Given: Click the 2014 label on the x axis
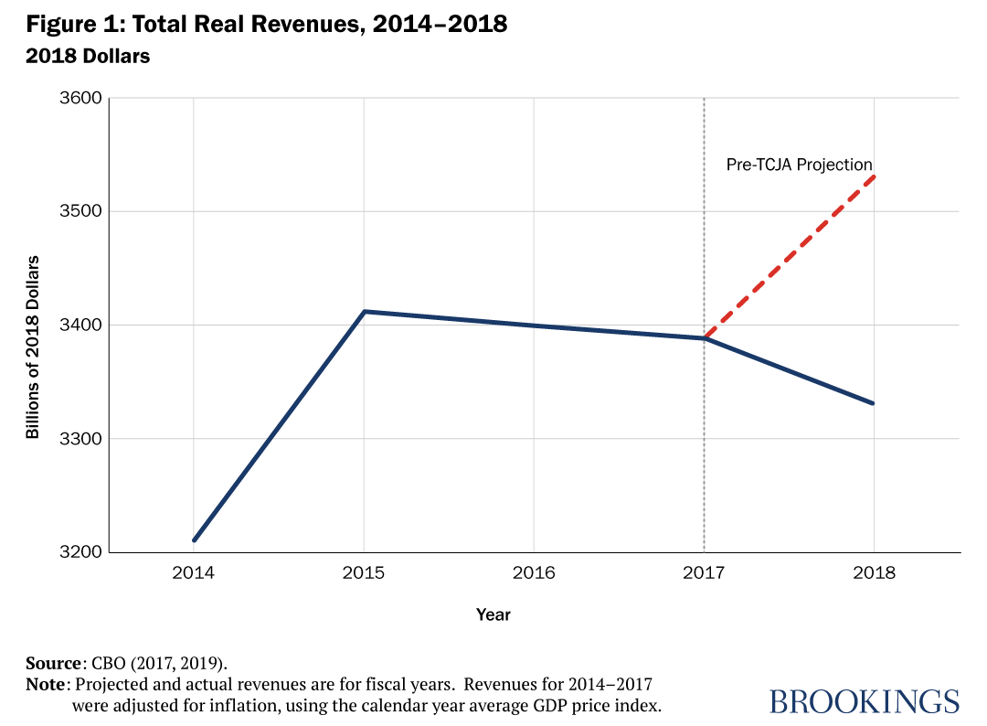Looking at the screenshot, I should (194, 574).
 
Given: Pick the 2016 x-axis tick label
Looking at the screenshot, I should (534, 574).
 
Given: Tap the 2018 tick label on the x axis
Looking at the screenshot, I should (874, 574).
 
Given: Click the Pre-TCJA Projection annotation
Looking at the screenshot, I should (799, 165).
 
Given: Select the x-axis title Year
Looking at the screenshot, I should (493, 614).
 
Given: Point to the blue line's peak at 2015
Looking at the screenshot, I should (364, 312).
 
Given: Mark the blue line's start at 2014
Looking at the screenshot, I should (194, 540).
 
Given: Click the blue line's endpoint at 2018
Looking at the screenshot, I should (874, 403).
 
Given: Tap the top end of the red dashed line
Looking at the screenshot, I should (874, 176).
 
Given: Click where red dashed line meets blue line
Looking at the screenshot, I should (705, 338).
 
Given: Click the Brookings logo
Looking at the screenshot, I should (864, 701).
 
